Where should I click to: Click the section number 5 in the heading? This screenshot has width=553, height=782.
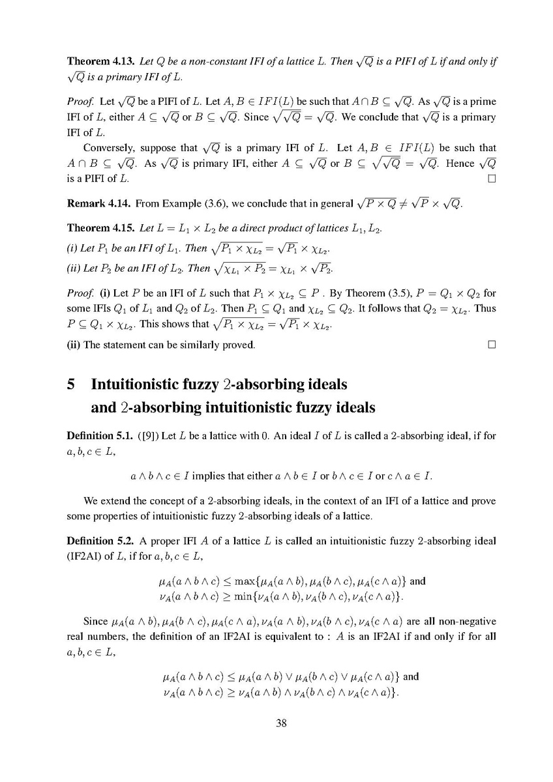click(x=72, y=384)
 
